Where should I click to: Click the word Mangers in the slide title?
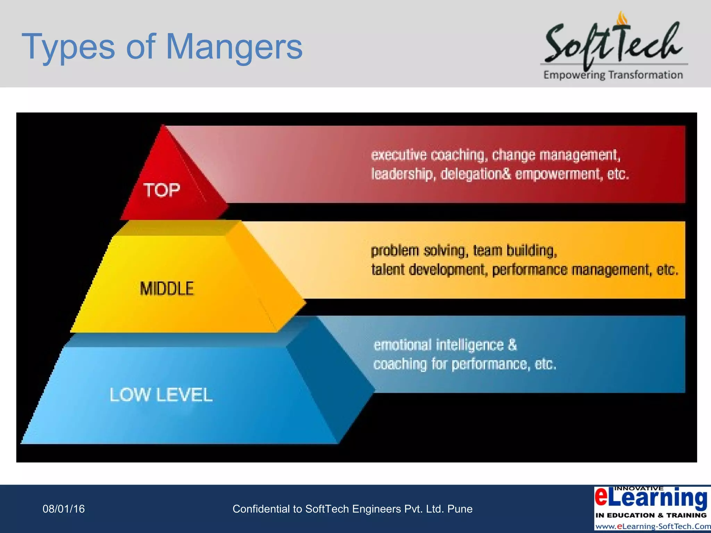[x=234, y=46]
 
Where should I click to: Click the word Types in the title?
[x=68, y=46]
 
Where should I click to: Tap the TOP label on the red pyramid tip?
[x=162, y=191]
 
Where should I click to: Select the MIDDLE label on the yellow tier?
[x=167, y=289]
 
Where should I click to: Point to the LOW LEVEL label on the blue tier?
[x=161, y=395]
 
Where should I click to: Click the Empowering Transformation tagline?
[x=613, y=75]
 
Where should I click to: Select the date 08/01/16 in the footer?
[x=64, y=509]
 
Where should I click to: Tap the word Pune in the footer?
[x=460, y=509]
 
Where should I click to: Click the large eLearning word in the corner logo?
[x=651, y=498]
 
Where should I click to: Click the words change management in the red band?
[x=556, y=155]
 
